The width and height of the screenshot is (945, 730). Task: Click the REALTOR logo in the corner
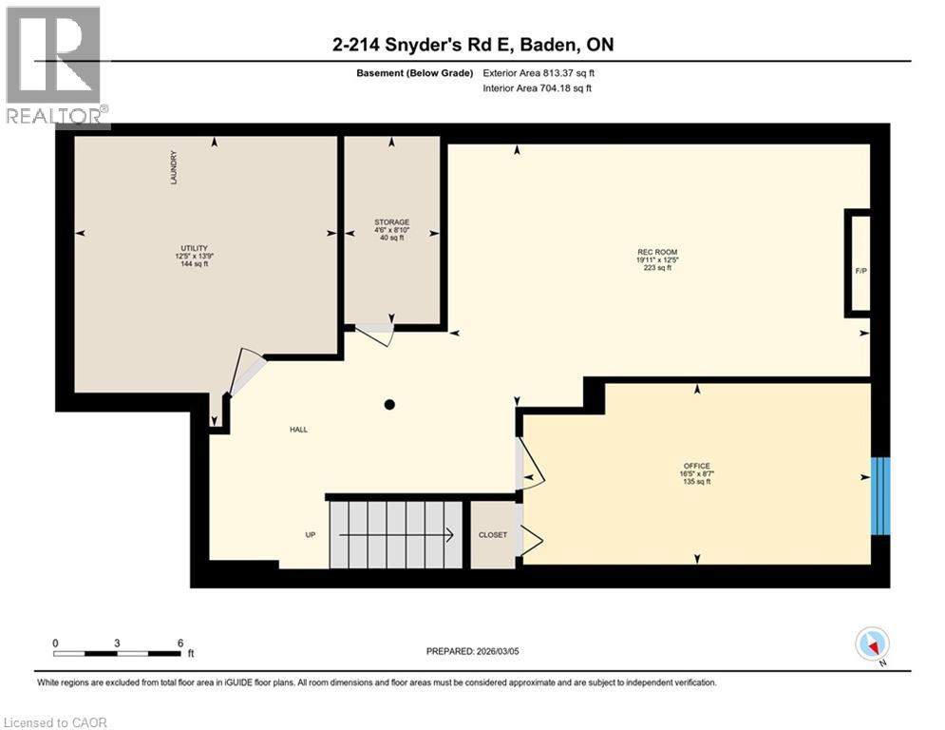(55, 67)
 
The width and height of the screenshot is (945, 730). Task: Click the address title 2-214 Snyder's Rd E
(471, 45)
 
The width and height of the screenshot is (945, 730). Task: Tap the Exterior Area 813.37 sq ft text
(539, 73)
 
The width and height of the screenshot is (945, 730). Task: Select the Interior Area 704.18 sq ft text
(537, 88)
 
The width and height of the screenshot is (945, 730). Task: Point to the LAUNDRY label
(174, 168)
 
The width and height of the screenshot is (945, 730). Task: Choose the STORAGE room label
(391, 222)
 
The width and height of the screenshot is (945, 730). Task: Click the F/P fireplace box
(860, 270)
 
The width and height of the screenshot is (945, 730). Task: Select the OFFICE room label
(695, 466)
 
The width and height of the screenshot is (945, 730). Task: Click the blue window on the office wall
(880, 495)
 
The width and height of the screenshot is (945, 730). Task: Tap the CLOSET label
(492, 535)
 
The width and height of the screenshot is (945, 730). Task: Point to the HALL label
(298, 430)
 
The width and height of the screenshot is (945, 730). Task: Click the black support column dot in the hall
(389, 404)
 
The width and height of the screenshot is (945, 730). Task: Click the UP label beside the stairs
(310, 535)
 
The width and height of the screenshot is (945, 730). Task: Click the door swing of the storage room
(374, 335)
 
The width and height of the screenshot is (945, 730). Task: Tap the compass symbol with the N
(871, 644)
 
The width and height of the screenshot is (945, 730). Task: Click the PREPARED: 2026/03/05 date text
(471, 651)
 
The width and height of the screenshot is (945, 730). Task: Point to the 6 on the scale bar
(180, 643)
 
